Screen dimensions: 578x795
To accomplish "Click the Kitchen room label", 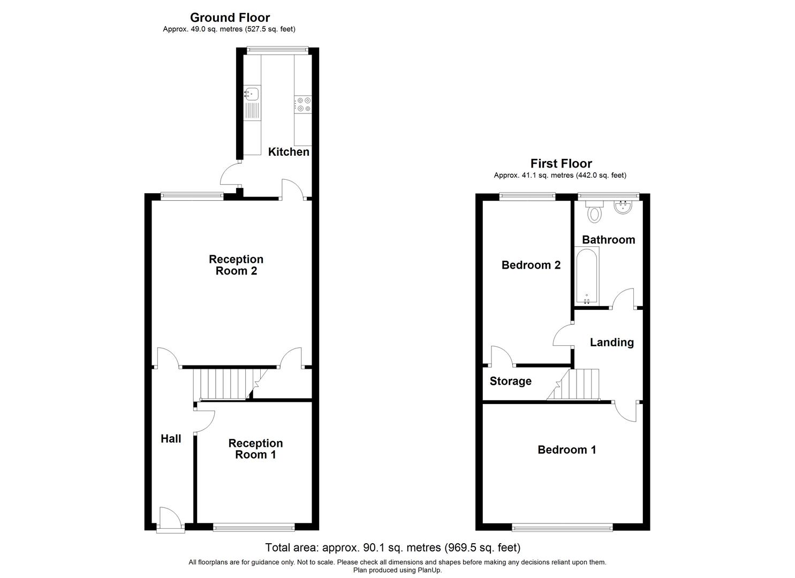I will pos(289,152).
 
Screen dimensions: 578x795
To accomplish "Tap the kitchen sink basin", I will pos(252,95).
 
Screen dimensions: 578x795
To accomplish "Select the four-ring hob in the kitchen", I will pos(303,104).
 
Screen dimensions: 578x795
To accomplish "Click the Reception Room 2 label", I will pos(236,265).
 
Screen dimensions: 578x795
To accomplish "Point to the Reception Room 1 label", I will pos(255,449).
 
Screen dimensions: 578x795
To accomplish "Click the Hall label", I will pos(171,439).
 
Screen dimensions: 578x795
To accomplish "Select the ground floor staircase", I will pos(225,384).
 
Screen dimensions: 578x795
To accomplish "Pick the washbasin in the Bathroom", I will pos(623,207).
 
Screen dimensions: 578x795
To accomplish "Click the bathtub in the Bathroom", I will pos(587,276).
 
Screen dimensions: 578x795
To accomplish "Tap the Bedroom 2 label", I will pos(531,265).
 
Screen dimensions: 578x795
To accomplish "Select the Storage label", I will pos(510,382).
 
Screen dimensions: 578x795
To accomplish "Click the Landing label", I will pos(611,343).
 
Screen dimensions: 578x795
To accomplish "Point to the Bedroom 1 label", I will pos(566,450).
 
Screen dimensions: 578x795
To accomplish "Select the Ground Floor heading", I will pos(230,18).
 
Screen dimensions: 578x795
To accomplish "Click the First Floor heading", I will pos(561,164).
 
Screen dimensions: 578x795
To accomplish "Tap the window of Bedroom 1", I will pos(562,528).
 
